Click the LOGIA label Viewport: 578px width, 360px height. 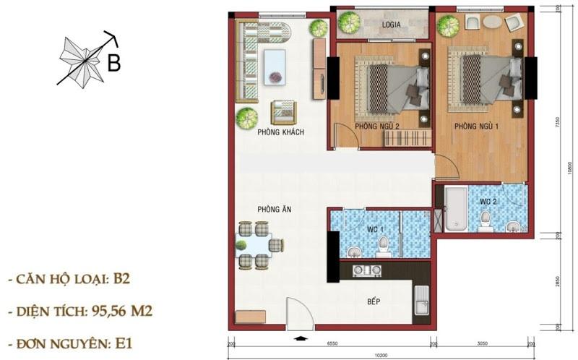click(392, 24)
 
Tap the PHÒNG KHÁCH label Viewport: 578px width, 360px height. click(280, 132)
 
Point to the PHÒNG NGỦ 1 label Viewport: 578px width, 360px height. click(476, 126)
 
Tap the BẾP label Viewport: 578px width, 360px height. click(373, 301)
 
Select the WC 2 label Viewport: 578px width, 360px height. click(488, 200)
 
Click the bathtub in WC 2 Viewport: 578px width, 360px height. click(455, 209)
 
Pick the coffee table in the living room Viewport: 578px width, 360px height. click(275, 66)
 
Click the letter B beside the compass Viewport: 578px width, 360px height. click(113, 63)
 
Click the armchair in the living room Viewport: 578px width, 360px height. click(283, 111)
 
